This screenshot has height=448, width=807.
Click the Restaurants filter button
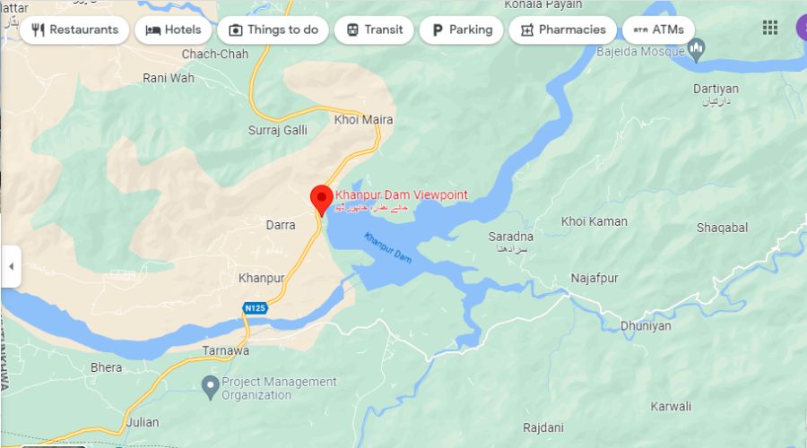tap(74, 30)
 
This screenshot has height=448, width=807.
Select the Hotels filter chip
tap(173, 30)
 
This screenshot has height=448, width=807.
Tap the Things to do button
tap(273, 30)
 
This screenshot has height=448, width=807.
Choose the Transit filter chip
tap(374, 30)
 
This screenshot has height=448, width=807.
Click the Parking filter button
tap(462, 30)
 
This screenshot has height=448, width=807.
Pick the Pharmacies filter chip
tap(562, 30)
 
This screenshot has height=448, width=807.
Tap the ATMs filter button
tap(658, 30)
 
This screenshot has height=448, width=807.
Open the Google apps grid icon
tap(770, 28)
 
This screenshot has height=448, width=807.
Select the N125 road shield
tap(255, 308)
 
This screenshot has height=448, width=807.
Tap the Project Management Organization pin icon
tap(209, 387)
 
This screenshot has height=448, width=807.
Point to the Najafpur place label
tap(595, 279)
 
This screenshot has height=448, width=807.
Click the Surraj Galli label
tap(277, 130)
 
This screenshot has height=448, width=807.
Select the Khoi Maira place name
tap(363, 120)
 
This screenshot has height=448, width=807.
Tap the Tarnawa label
tap(225, 350)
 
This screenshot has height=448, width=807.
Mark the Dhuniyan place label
tap(646, 326)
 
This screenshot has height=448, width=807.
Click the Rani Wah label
tap(169, 78)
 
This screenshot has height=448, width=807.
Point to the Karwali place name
tap(671, 407)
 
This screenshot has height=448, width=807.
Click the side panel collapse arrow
tap(11, 266)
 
